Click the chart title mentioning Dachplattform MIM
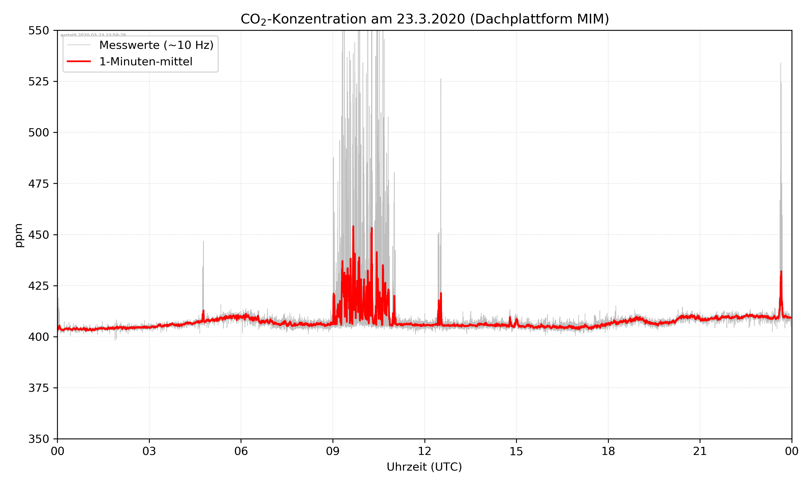(x=424, y=19)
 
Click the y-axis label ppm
(x=19, y=235)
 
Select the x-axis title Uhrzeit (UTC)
(x=424, y=467)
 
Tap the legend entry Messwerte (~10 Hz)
(x=156, y=45)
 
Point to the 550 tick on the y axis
(x=38, y=31)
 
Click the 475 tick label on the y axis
(x=38, y=184)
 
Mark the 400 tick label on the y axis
(x=38, y=337)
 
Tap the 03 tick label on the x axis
(x=149, y=451)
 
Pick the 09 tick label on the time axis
(x=333, y=451)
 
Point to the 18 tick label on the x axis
(x=608, y=451)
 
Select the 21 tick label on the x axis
(x=700, y=451)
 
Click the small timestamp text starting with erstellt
(x=93, y=35)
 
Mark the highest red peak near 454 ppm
(x=353, y=227)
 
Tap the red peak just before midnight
(x=781, y=272)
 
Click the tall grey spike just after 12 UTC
(x=441, y=80)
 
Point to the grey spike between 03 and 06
(x=203, y=242)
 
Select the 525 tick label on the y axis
(x=38, y=82)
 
